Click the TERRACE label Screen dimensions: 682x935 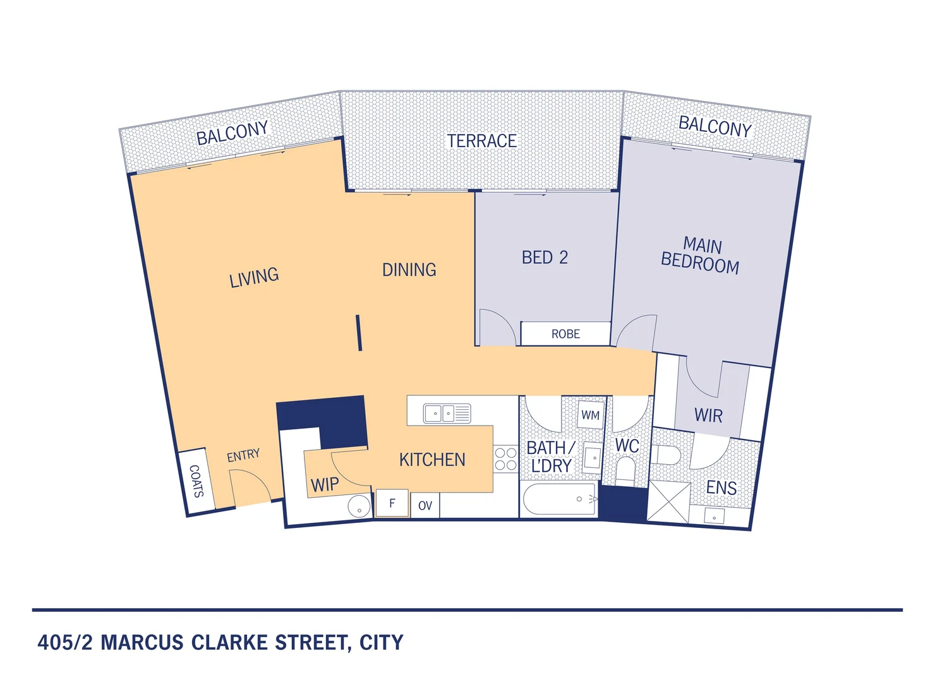pos(481,141)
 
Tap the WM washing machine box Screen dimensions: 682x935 pos(591,415)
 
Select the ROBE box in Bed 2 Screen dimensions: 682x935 pos(565,334)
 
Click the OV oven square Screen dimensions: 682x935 pos(425,505)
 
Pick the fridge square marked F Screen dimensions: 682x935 pos(392,503)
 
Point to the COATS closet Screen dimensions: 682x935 pos(196,481)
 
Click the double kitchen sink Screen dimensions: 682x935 pos(447,414)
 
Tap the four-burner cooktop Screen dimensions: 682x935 pos(505,459)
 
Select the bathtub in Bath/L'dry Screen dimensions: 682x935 pos(560,500)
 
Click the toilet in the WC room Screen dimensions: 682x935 pos(625,470)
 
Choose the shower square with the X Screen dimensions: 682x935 pos(668,502)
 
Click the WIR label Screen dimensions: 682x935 pos(708,416)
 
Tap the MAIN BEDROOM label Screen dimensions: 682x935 pos(701,255)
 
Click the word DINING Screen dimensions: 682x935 pos(409,270)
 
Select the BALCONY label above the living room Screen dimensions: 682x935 pos(232,133)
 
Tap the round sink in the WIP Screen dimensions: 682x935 pos(359,506)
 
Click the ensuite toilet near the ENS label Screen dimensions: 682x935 pos(666,455)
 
